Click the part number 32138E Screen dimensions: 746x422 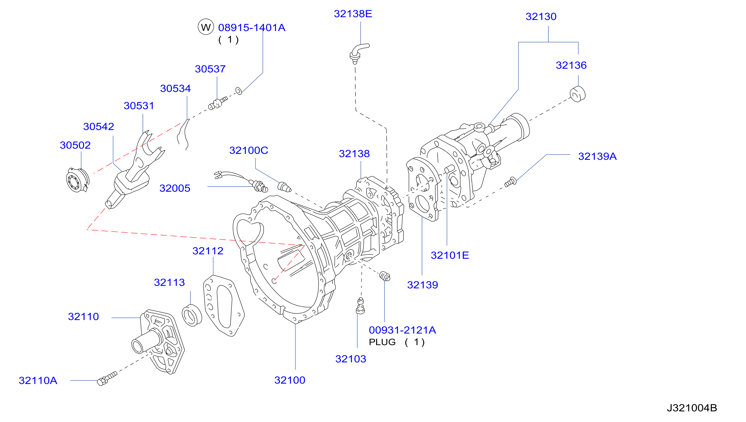click(353, 14)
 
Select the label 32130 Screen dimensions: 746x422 click(541, 16)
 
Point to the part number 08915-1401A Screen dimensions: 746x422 click(252, 28)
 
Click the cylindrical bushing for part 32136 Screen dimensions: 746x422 click(577, 94)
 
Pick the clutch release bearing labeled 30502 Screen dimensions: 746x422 click(77, 180)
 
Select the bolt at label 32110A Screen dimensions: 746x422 click(107, 378)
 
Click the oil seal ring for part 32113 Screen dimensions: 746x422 click(192, 315)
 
